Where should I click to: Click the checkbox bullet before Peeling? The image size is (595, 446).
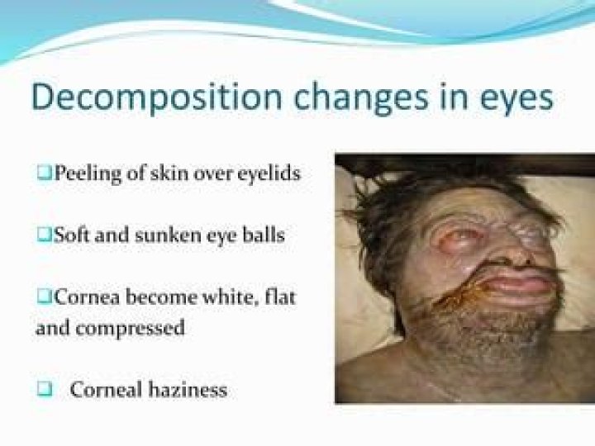tap(43, 174)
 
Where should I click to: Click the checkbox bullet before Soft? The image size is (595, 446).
tap(43, 235)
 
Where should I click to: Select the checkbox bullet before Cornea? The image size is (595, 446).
tap(43, 296)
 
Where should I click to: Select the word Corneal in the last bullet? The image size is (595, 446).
tap(102, 389)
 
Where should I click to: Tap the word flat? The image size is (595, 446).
tap(280, 296)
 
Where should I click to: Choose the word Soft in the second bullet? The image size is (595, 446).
tap(70, 235)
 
